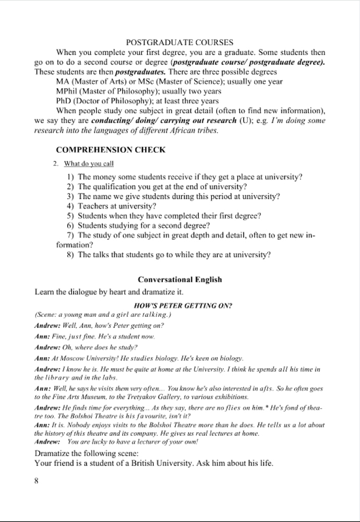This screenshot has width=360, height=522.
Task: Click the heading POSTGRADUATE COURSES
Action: (179, 42)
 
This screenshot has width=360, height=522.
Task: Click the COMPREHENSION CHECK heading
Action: (111, 150)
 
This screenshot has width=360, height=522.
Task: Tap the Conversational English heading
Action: (179, 279)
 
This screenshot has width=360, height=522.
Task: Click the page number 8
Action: (37, 481)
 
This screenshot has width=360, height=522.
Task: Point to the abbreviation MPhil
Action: (67, 91)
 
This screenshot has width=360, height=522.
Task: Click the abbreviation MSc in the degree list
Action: (147, 81)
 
